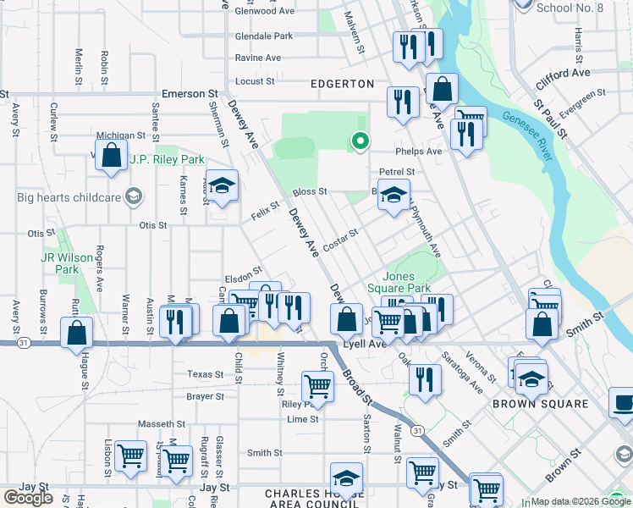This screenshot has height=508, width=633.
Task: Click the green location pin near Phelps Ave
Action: click(x=361, y=141)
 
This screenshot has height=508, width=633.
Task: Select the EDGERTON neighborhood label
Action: click(x=342, y=84)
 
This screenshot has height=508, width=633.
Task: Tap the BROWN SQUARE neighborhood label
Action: click(x=541, y=404)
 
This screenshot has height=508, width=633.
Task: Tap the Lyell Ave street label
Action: click(x=365, y=345)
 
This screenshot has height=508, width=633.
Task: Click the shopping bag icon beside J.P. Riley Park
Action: click(x=111, y=156)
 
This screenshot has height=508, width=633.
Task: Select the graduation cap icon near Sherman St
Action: click(x=222, y=186)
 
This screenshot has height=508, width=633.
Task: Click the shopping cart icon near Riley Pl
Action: click(x=316, y=386)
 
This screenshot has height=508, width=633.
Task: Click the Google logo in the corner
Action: click(x=28, y=498)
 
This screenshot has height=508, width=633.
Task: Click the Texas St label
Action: click(x=206, y=374)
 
